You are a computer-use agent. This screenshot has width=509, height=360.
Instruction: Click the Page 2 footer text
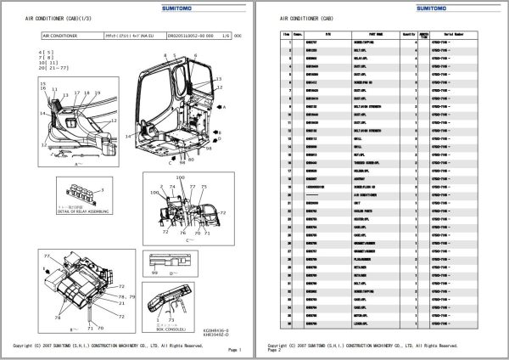[273, 351]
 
